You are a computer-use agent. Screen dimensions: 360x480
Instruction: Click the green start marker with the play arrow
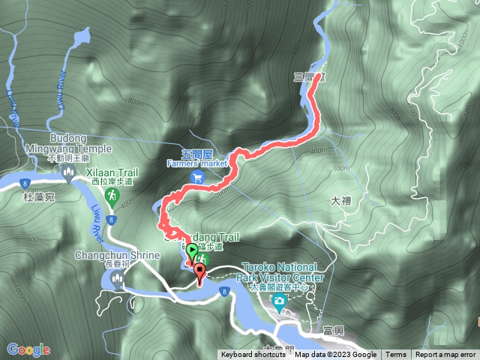(x=191, y=251)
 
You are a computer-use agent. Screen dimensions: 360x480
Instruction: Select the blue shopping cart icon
(x=198, y=177)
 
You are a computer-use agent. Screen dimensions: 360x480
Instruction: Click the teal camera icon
(x=280, y=302)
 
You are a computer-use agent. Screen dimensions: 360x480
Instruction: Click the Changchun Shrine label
(x=117, y=255)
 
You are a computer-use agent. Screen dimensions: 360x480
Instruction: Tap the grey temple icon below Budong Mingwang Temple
(x=69, y=175)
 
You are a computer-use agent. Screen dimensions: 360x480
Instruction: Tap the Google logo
(x=28, y=349)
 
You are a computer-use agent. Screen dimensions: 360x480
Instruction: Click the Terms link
(x=396, y=355)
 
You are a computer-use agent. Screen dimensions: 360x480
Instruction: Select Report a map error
(x=445, y=355)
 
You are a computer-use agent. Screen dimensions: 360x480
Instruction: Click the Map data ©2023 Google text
(x=335, y=355)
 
